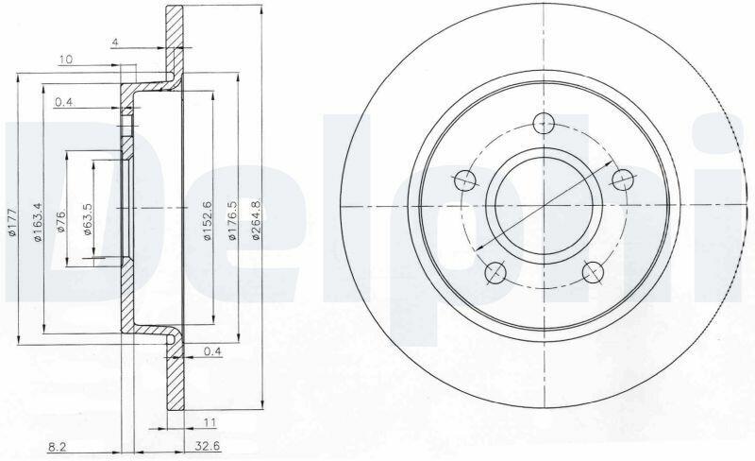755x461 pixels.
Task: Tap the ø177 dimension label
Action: coord(13,221)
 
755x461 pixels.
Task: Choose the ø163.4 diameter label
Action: coord(39,220)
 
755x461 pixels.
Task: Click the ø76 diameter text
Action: coord(61,220)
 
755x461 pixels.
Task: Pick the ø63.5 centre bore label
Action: coord(87,218)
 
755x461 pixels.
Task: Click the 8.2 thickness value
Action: coord(57,447)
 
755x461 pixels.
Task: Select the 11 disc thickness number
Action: coord(209,423)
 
